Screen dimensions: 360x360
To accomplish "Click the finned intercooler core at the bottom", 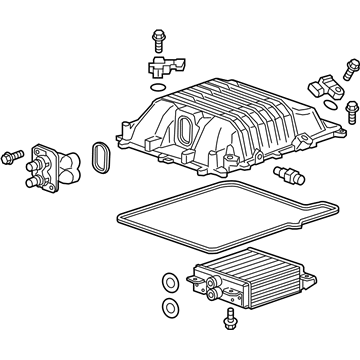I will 240,275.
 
